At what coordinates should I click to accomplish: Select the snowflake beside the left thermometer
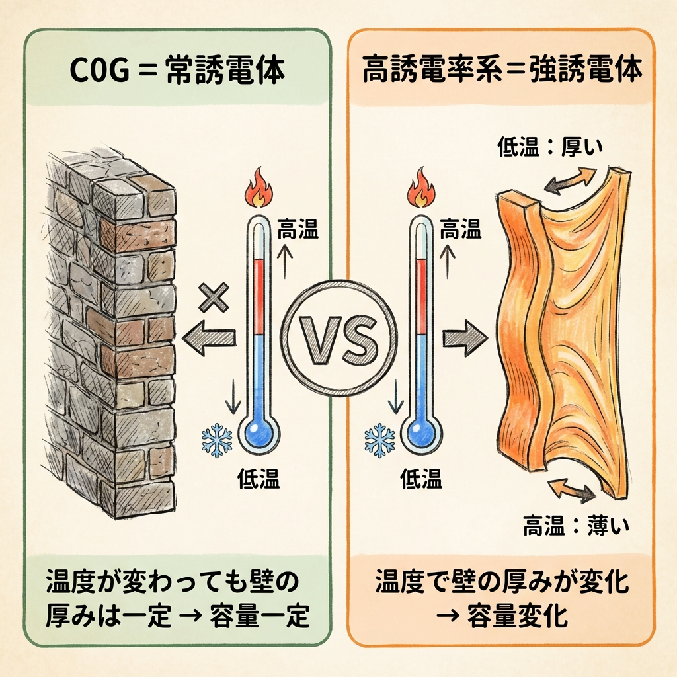pyautogui.click(x=216, y=440)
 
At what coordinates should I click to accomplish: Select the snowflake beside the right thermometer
pyautogui.click(x=379, y=440)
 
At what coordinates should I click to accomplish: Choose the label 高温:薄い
pyautogui.click(x=575, y=527)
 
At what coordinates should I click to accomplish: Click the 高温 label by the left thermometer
pyautogui.click(x=298, y=231)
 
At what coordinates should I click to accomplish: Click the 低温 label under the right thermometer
pyautogui.click(x=422, y=480)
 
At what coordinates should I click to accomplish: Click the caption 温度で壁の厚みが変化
pyautogui.click(x=502, y=584)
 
